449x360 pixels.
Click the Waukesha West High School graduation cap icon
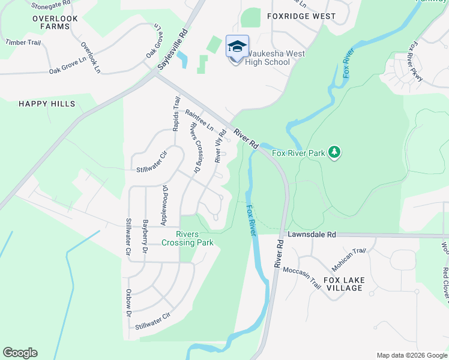pos(237,46)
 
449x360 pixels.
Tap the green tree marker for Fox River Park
pos(335,153)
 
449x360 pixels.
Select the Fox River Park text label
pos(298,153)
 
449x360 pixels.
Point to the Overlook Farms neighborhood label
pos(55,23)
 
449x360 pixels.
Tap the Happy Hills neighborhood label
pos(47,104)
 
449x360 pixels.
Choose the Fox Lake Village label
pos(352,284)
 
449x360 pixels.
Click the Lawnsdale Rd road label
pos(312,235)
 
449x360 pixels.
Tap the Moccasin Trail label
pos(301,278)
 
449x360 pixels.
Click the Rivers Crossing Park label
pos(187,238)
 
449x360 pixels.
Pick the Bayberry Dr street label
pos(145,236)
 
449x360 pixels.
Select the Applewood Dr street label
pos(164,205)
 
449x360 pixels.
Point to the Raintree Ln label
pos(200,121)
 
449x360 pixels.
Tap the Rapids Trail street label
pos(176,114)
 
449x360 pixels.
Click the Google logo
pos(20,353)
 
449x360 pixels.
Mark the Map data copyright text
pos(412,355)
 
